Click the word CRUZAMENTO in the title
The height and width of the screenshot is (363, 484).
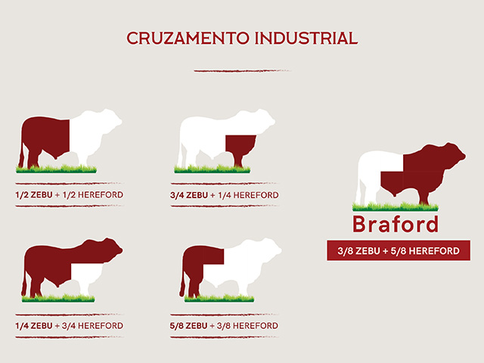click(188, 39)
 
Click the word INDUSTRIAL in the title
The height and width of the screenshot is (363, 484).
click(306, 39)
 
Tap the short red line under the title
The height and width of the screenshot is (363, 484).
click(242, 71)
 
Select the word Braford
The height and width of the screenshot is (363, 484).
click(396, 224)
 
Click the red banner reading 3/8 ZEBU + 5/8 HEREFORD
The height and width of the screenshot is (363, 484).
click(399, 250)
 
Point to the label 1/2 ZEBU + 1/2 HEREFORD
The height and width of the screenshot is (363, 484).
click(69, 195)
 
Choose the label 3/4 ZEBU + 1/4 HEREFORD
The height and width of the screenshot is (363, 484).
click(225, 195)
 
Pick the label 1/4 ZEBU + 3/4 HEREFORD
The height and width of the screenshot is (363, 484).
click(69, 326)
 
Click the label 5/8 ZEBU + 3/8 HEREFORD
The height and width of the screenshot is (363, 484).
click(224, 326)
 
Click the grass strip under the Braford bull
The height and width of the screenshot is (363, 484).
click(396, 206)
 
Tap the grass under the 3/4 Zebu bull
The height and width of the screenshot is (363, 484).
click(213, 169)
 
